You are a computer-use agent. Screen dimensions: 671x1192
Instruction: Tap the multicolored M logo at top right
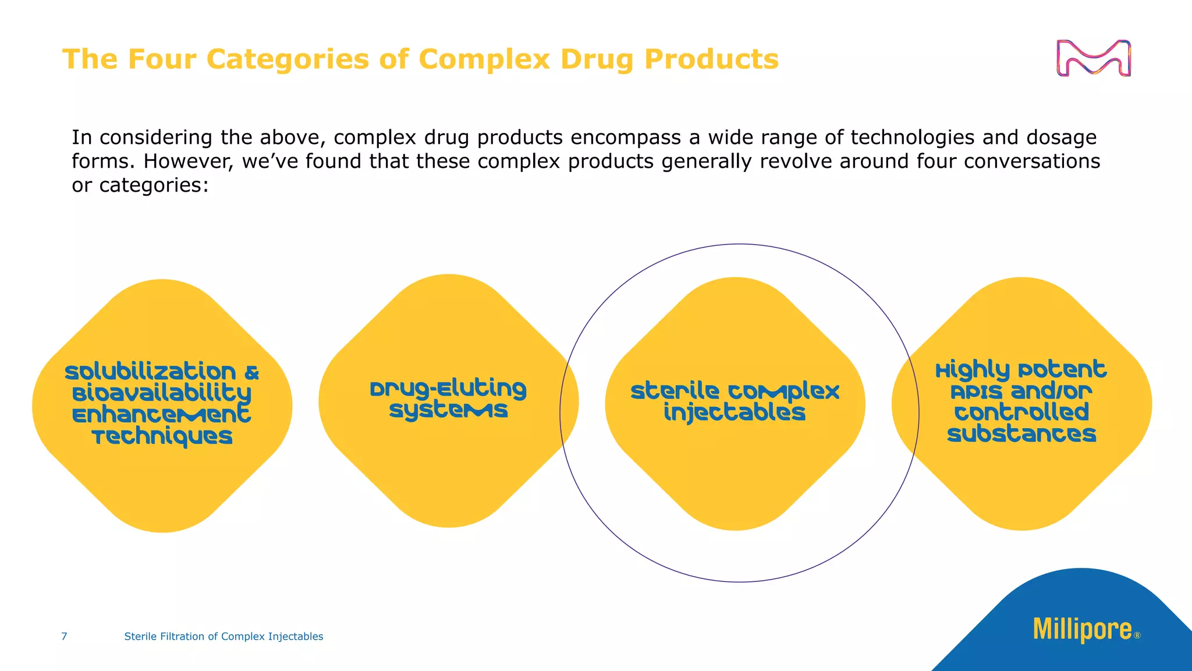point(1094,58)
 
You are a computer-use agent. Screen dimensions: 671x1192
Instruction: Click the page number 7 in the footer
point(64,637)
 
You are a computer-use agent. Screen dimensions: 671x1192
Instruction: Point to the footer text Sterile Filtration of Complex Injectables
point(223,637)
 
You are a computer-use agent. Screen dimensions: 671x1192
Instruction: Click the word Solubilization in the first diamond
point(150,372)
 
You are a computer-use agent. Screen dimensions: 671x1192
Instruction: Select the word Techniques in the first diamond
point(162,437)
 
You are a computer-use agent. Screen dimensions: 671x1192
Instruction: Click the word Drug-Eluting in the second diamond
point(448,389)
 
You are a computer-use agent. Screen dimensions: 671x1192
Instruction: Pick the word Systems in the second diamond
point(448,411)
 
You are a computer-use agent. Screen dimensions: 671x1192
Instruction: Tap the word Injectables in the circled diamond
point(735,413)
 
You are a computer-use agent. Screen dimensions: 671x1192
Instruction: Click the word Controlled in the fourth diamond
point(1021,412)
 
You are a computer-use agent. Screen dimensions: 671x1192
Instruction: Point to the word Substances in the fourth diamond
point(1021,435)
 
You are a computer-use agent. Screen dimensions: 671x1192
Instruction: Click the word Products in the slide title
point(711,59)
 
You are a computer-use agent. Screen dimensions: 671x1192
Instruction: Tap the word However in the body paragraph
point(189,161)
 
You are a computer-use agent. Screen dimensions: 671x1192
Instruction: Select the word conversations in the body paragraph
point(1032,161)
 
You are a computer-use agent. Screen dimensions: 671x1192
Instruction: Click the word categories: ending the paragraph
point(154,185)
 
